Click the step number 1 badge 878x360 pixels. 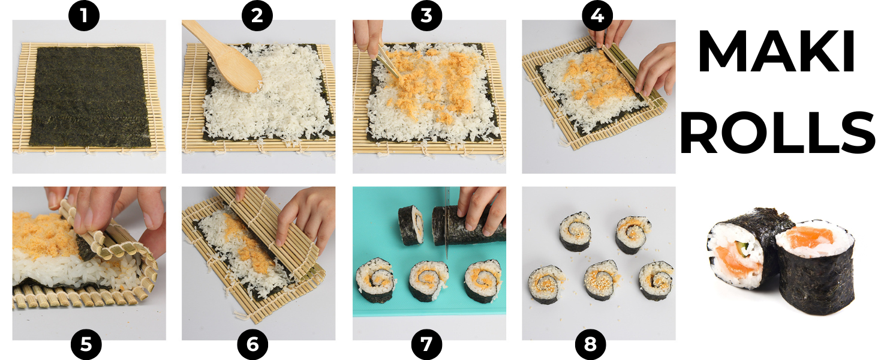click(x=84, y=16)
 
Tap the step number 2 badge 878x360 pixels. click(x=257, y=16)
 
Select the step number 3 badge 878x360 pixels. click(x=426, y=16)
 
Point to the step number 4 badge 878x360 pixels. click(x=597, y=16)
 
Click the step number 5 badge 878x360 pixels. click(x=86, y=345)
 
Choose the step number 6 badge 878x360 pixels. click(x=253, y=345)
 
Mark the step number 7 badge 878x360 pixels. click(x=426, y=345)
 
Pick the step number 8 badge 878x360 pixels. click(x=590, y=345)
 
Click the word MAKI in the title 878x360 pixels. click(x=776, y=51)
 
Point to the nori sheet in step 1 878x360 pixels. click(x=89, y=97)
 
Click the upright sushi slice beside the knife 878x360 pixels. click(x=410, y=226)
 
